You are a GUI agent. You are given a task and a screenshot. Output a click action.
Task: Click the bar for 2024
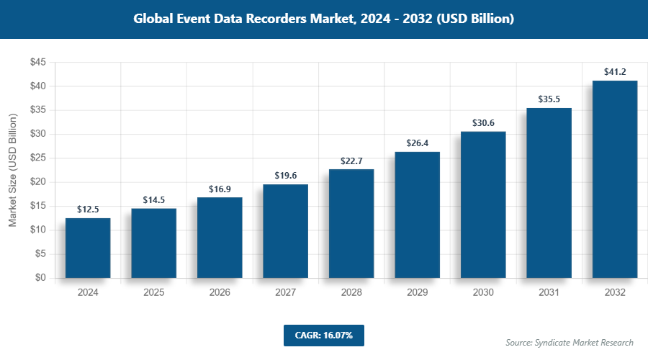click(x=88, y=248)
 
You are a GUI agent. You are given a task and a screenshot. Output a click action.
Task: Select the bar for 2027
click(x=285, y=231)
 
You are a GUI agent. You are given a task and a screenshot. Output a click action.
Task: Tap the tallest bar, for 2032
click(x=615, y=179)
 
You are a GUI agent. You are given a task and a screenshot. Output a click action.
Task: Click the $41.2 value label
click(x=615, y=72)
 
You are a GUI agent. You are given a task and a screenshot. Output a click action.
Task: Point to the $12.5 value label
click(x=88, y=210)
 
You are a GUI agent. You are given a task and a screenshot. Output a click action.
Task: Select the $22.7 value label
click(x=351, y=161)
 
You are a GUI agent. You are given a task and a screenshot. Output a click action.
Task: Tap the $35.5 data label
click(x=549, y=99)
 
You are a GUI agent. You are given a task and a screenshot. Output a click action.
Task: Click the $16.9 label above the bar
click(x=220, y=189)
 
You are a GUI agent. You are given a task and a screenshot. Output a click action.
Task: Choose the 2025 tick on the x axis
click(x=153, y=293)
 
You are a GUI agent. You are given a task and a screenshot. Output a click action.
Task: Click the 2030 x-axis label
click(x=483, y=293)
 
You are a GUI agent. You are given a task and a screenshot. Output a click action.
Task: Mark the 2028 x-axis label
click(x=351, y=293)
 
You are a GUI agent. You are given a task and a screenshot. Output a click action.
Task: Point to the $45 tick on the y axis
click(x=37, y=63)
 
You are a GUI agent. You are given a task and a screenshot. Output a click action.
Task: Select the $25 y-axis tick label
click(x=37, y=158)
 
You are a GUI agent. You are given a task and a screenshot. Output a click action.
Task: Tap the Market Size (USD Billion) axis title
click(x=13, y=170)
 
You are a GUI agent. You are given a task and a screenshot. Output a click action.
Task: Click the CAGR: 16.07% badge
click(x=323, y=336)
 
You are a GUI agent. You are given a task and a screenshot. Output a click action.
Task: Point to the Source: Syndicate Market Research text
click(x=569, y=343)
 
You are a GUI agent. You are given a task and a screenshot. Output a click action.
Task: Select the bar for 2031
click(x=549, y=193)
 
